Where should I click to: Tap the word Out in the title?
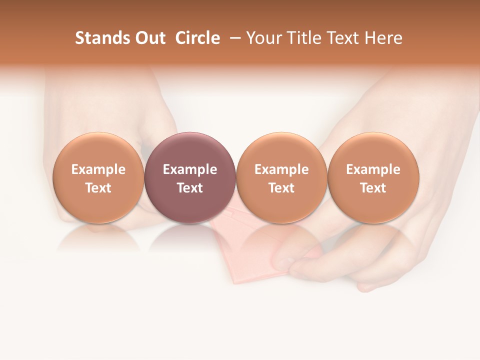149,38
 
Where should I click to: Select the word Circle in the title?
197,38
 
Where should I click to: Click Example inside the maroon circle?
190,170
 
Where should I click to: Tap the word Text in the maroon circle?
190,188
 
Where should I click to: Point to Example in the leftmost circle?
98,170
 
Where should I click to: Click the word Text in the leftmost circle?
98,188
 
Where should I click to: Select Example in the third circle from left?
281,170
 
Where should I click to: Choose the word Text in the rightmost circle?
373,188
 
